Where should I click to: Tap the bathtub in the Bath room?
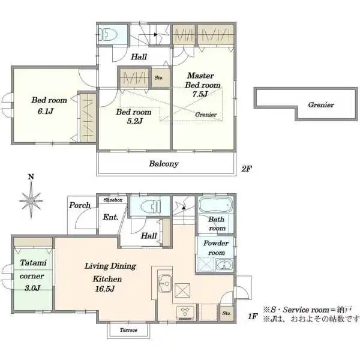(x=216, y=205)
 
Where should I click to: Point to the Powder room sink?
(x=217, y=262)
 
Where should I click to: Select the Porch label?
(x=80, y=205)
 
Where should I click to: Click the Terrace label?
(x=128, y=330)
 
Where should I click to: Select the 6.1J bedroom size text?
(x=43, y=112)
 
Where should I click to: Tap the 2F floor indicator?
(x=247, y=169)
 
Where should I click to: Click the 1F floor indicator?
(x=252, y=316)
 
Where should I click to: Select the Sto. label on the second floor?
(x=159, y=78)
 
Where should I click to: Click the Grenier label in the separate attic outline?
(x=321, y=104)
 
